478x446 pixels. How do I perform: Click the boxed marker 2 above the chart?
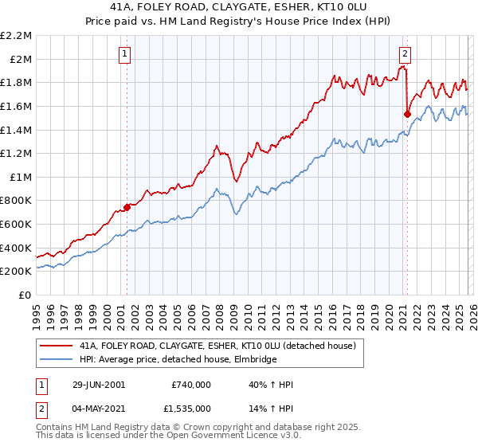[x=405, y=54]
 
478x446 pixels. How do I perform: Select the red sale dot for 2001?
[x=127, y=208]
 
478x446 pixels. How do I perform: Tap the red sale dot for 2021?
[x=407, y=114]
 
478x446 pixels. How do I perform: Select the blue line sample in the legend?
[x=56, y=360]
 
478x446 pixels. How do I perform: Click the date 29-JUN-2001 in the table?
[x=97, y=385]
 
